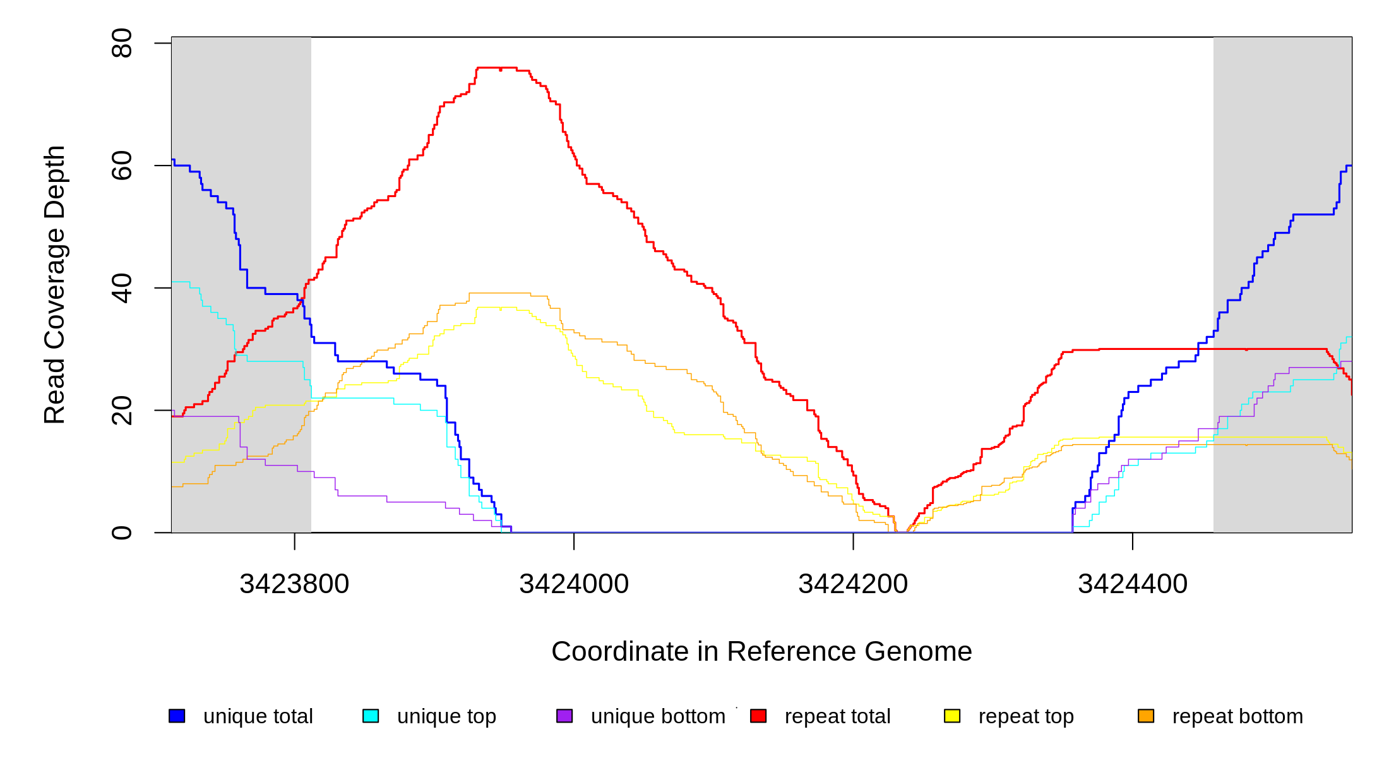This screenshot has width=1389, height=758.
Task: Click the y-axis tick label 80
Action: (121, 43)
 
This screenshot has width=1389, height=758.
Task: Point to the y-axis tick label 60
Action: (121, 165)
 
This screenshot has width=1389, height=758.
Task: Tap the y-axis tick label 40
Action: (121, 288)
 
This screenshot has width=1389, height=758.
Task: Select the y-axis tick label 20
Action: (121, 411)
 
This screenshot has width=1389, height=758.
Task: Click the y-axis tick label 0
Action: (121, 532)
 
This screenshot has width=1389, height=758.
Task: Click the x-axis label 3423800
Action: (294, 584)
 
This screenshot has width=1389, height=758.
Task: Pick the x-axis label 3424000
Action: (574, 584)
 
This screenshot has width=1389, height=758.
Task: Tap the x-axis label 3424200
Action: (853, 584)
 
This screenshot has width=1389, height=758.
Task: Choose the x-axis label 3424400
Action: (1133, 584)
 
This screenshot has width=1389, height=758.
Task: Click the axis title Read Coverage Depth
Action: (54, 284)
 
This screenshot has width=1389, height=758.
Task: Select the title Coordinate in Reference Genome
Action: (761, 651)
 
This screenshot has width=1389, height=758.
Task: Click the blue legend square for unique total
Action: (177, 716)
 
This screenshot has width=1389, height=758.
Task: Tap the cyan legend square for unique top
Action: (371, 716)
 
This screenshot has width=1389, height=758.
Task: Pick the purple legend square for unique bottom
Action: (564, 716)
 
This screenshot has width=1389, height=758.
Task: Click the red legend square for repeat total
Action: (758, 716)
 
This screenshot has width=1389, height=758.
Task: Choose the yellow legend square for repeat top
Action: (952, 716)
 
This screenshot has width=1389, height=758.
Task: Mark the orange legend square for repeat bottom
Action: (1146, 716)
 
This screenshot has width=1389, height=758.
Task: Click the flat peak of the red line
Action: (497, 68)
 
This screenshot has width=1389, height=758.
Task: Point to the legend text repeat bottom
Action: (1237, 716)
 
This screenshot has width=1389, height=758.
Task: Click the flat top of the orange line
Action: (499, 293)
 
